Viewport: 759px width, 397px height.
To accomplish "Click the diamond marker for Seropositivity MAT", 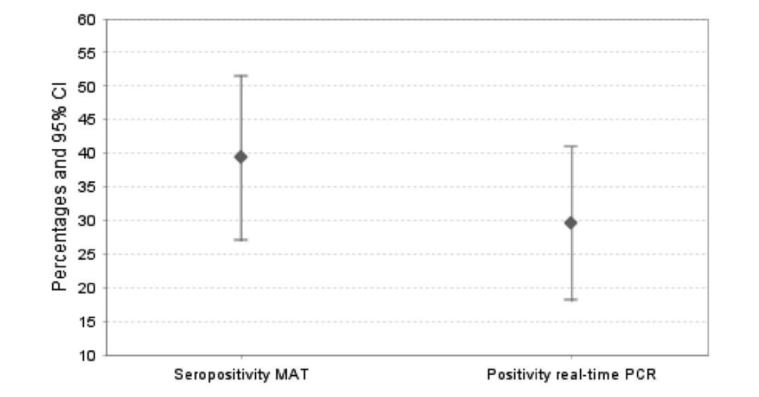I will tap(241, 157).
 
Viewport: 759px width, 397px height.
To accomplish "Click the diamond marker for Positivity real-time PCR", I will tap(571, 223).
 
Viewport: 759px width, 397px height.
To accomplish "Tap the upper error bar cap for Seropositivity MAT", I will tap(241, 76).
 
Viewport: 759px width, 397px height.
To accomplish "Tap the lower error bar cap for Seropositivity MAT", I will tap(241, 240).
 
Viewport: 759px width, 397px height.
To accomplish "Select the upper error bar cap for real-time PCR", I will tap(571, 146).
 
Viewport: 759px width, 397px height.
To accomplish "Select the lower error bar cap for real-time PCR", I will tap(571, 299).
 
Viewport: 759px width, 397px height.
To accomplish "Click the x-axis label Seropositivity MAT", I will tap(241, 375).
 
